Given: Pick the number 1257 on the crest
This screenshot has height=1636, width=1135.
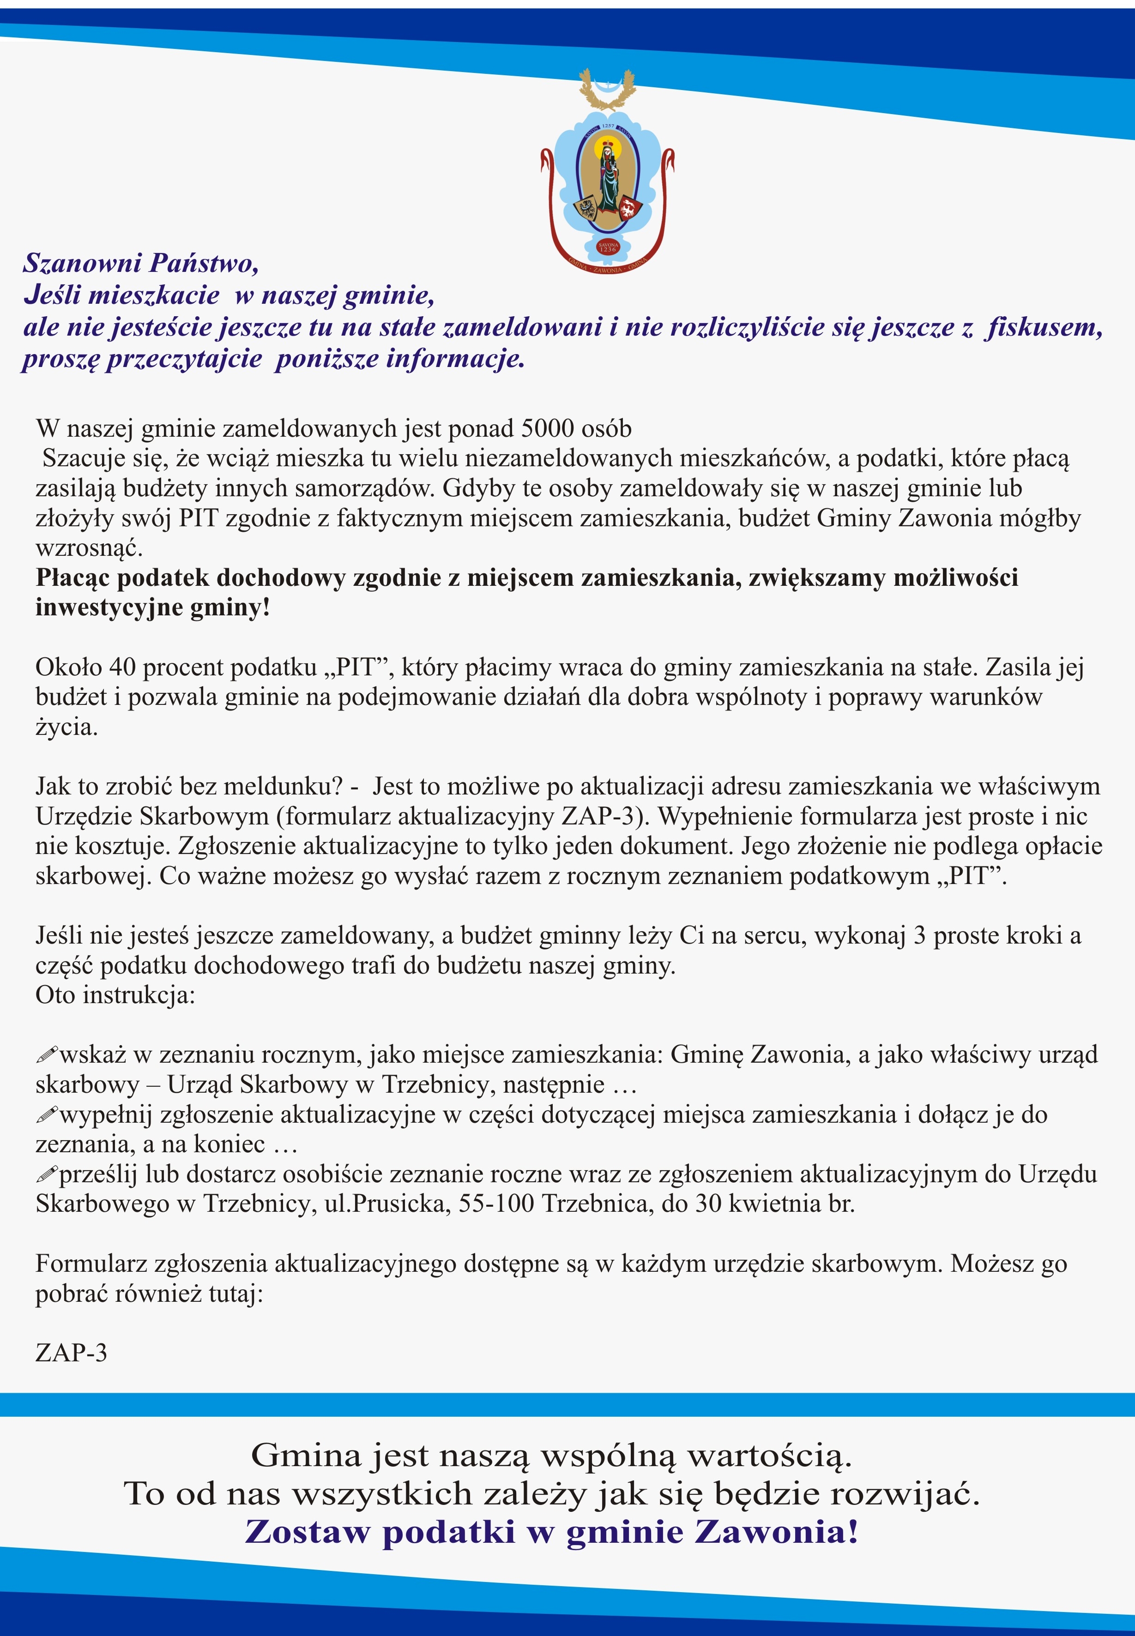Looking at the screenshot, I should (608, 126).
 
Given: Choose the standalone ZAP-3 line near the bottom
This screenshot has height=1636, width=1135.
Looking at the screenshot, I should (71, 1352).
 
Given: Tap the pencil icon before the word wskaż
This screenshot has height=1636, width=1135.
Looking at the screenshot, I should (46, 1054).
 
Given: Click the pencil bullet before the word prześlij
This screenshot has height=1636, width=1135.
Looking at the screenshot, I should (46, 1174).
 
